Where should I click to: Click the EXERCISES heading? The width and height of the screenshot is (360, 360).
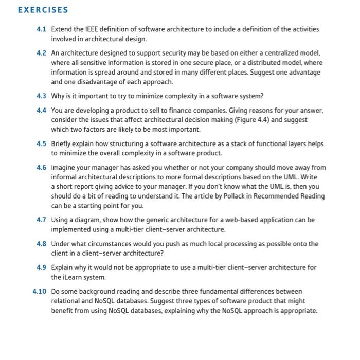(42, 10)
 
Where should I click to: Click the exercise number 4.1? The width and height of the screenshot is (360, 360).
(42, 30)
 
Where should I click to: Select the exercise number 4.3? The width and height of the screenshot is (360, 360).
(42, 96)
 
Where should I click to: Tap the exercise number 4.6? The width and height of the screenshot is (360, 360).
(42, 167)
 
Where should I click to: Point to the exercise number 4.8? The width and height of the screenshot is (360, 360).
(42, 244)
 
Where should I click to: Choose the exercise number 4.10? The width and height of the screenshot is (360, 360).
(40, 292)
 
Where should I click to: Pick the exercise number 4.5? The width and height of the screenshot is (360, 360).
(42, 143)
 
